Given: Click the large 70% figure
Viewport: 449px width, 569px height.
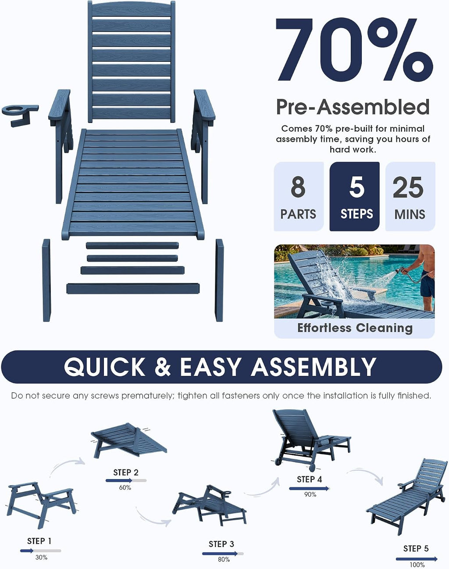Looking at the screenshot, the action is pyautogui.click(x=354, y=50).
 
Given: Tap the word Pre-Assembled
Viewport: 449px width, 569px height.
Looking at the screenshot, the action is pyautogui.click(x=353, y=107).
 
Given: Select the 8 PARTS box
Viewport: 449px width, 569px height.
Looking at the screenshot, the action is pyautogui.click(x=299, y=197).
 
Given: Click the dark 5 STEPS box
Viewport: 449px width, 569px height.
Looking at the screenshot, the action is pyautogui.click(x=354, y=197).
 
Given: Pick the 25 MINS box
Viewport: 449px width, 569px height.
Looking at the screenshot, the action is pyautogui.click(x=410, y=197).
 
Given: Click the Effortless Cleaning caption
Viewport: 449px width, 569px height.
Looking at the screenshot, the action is pyautogui.click(x=355, y=328).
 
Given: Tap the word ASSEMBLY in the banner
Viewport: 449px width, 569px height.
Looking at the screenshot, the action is pyautogui.click(x=314, y=367).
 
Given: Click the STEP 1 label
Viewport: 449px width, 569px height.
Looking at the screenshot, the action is pyautogui.click(x=39, y=541).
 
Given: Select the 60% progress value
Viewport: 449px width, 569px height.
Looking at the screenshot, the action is pyautogui.click(x=125, y=487).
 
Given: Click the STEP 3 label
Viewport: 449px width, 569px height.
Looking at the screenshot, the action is pyautogui.click(x=221, y=544).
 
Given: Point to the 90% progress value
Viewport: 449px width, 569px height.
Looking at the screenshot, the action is pyautogui.click(x=310, y=494).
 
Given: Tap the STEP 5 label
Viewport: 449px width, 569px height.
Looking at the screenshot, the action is pyautogui.click(x=416, y=548).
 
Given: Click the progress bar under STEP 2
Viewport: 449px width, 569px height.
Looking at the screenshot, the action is pyautogui.click(x=126, y=480).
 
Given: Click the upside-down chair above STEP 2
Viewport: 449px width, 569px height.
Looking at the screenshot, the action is pyautogui.click(x=129, y=441).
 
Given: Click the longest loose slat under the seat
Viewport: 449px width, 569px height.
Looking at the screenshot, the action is pyautogui.click(x=133, y=289).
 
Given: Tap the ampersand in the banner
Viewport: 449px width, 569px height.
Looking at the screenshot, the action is pyautogui.click(x=163, y=367).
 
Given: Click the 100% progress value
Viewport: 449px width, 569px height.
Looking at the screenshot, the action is pyautogui.click(x=417, y=565).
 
